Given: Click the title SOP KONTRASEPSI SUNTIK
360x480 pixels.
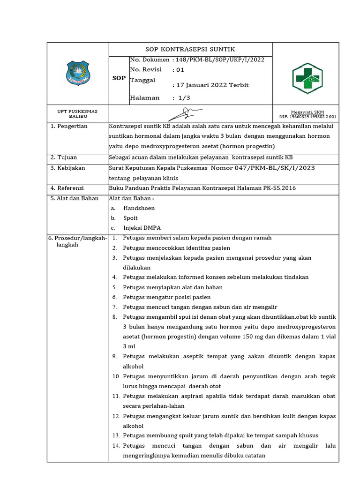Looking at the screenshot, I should [190, 49].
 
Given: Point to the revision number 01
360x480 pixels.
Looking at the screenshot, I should [180, 70].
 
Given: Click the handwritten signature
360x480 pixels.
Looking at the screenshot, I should [185, 113].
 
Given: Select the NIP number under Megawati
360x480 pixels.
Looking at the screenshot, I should [307, 117].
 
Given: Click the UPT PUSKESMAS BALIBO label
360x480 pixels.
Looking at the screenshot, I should [77, 113].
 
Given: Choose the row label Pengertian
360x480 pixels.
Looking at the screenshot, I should [72, 127].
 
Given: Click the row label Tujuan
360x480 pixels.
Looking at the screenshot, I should [67, 157].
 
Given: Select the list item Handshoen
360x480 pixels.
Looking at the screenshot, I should [139, 208].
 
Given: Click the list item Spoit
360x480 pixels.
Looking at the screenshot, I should [131, 218].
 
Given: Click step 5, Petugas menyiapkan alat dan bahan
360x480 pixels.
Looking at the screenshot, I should [172, 287].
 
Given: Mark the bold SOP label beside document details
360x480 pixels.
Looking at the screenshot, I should [119, 78].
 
